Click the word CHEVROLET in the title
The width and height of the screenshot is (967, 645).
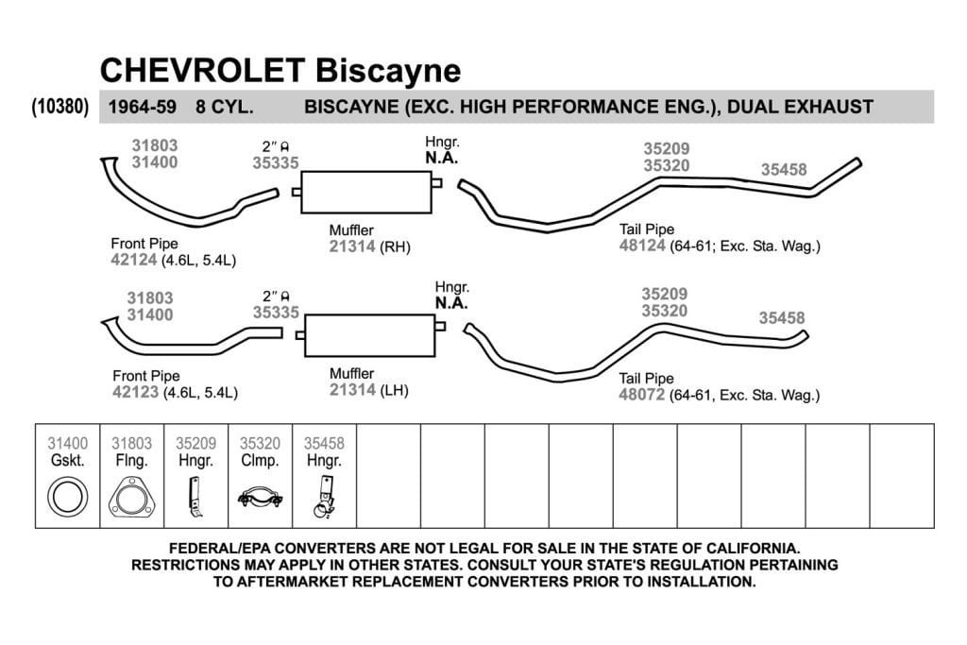pyautogui.click(x=202, y=70)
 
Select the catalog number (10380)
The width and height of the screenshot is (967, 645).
pyautogui.click(x=60, y=107)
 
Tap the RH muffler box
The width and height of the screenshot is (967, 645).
pyautogui.click(x=366, y=193)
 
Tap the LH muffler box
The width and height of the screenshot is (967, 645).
pyautogui.click(x=369, y=335)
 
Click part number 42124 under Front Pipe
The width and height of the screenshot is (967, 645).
pyautogui.click(x=134, y=260)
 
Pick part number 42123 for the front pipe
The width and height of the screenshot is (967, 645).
pyautogui.click(x=136, y=392)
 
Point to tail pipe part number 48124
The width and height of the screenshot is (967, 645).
pyautogui.click(x=642, y=246)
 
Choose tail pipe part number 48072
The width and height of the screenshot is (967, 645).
pyautogui.click(x=641, y=395)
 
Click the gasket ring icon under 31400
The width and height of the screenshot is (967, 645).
pyautogui.click(x=68, y=497)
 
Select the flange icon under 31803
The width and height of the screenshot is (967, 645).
pyautogui.click(x=132, y=497)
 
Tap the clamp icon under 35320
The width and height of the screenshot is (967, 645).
pyautogui.click(x=261, y=497)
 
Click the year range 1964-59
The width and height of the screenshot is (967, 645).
pyautogui.click(x=143, y=107)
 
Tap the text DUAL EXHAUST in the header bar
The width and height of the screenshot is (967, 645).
pyautogui.click(x=800, y=107)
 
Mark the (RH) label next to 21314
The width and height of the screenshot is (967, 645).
pyautogui.click(x=395, y=246)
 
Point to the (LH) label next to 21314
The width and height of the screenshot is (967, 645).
pyautogui.click(x=394, y=390)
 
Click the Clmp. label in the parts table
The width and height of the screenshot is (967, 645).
pyautogui.click(x=260, y=461)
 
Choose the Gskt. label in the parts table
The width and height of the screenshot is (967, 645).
pyautogui.click(x=68, y=461)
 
